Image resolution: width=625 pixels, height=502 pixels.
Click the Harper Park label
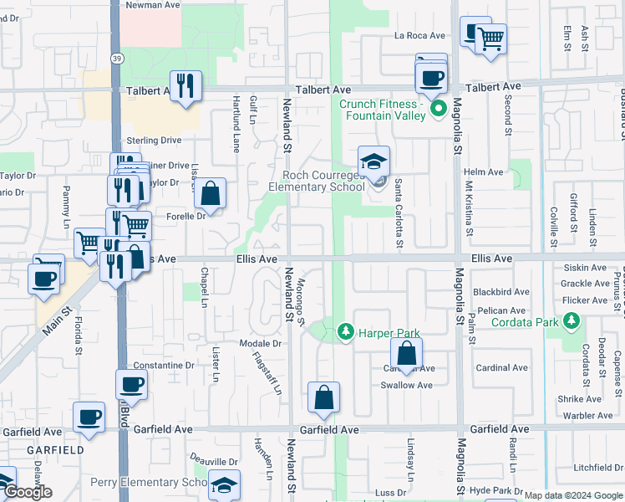(x=389, y=333)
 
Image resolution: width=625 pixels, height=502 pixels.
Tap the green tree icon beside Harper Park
(x=345, y=333)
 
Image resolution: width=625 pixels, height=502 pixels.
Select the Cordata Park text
(x=524, y=322)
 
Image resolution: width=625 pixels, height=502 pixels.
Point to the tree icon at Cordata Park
(x=572, y=321)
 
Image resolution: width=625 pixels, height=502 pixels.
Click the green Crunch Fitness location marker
(x=437, y=110)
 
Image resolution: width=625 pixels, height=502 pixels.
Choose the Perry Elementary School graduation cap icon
(x=224, y=485)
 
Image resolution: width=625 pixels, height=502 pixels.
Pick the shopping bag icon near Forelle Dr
(x=211, y=193)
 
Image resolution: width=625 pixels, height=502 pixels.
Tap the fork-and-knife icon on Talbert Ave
(x=185, y=86)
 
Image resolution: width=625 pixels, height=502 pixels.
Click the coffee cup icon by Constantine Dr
(x=130, y=386)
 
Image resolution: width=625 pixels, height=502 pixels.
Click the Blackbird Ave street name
(x=501, y=292)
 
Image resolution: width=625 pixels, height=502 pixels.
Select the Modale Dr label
(x=260, y=344)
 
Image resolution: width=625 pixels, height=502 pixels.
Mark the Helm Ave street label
(x=483, y=172)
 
